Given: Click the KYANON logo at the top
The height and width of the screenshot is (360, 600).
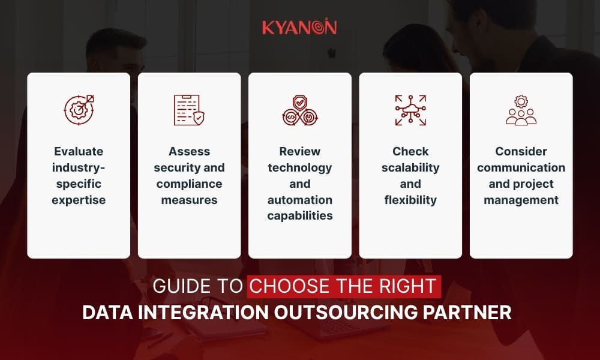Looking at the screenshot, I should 299,28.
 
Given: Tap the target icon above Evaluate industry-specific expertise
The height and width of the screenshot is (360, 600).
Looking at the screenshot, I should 79,110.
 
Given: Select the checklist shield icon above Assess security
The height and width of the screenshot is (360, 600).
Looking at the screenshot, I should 189,110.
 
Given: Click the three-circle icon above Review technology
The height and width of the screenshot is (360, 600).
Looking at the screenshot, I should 299,110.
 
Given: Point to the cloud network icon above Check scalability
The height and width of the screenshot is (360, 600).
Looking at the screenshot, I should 410,110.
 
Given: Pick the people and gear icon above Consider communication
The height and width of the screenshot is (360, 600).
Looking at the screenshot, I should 521,110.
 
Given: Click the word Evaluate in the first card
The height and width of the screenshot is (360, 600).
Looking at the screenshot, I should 79,151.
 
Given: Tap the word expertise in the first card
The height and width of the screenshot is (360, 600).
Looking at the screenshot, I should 79,200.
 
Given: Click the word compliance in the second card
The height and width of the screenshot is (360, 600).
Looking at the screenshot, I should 189,184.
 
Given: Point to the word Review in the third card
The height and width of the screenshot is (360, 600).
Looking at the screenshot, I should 299,151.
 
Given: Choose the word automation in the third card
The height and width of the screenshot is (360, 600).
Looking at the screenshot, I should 299,200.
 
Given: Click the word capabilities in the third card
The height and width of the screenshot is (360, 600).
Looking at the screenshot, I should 299,216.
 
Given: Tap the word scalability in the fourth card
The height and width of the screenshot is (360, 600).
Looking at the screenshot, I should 410,167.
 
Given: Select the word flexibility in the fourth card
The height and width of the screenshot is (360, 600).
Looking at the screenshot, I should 410,200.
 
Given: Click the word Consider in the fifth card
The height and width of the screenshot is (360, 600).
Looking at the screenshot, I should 521,151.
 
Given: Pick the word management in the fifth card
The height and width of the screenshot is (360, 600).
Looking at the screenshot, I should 521,200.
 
